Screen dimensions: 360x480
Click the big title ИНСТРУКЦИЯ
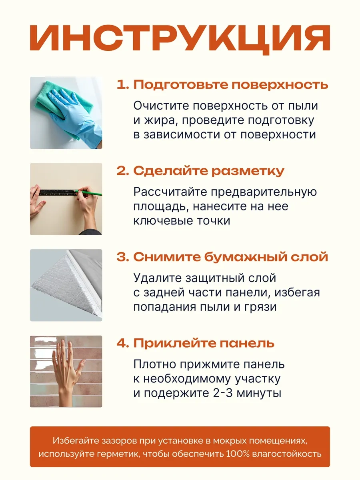pyautogui.click(x=180, y=40)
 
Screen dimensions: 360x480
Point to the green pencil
pyautogui.click(x=88, y=192)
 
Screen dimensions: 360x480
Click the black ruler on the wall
pyautogui.click(x=58, y=192)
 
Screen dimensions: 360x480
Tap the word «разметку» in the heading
pyautogui.click(x=248, y=171)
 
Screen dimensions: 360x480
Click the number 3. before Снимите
pyautogui.click(x=122, y=257)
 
